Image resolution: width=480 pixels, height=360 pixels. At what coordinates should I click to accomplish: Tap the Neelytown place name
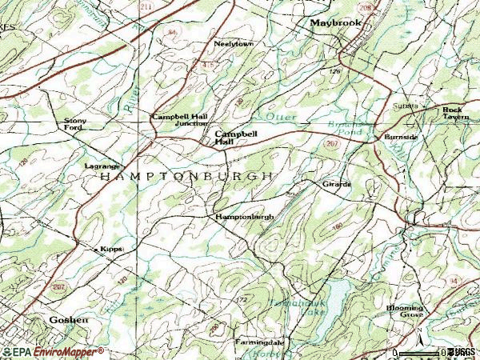pyautogui.click(x=234, y=43)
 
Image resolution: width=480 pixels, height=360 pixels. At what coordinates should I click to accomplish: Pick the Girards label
pyautogui.click(x=337, y=184)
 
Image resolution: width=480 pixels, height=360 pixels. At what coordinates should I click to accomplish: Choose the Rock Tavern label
pyautogui.click(x=456, y=113)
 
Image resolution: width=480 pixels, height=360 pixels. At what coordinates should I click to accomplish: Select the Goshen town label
pyautogui.click(x=46, y=319)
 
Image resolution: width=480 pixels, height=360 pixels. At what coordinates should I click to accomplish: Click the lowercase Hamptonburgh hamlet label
pyautogui.click(x=245, y=217)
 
